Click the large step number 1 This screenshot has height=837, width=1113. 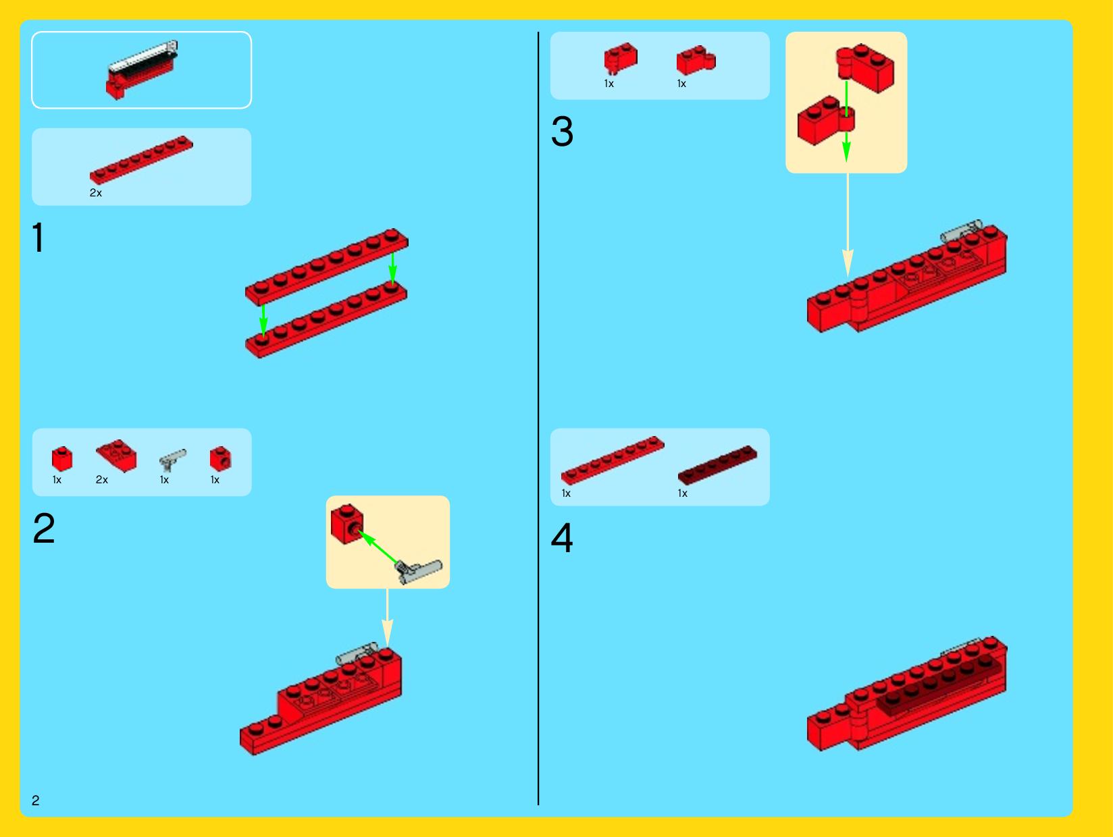38,237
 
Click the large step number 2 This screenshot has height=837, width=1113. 44,528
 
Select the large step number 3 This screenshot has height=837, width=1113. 562,132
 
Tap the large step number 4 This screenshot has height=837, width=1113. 562,537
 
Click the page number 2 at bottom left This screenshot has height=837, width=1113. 36,800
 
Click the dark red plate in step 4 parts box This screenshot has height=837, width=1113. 717,464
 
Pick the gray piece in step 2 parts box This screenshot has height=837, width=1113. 172,460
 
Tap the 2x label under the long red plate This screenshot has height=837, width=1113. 96,193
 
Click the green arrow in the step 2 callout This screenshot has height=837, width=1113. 378,547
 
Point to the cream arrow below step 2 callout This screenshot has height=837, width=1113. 388,618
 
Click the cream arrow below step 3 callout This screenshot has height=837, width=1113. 848,225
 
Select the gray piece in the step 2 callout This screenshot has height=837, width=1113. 418,572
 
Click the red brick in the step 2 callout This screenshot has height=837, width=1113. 347,524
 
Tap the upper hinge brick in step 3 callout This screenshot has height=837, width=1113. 865,67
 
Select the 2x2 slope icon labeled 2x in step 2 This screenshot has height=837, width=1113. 117,455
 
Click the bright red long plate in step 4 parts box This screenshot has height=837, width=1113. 613,460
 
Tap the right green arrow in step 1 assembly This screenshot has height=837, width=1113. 392,268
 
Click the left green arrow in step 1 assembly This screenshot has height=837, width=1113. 263,319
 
